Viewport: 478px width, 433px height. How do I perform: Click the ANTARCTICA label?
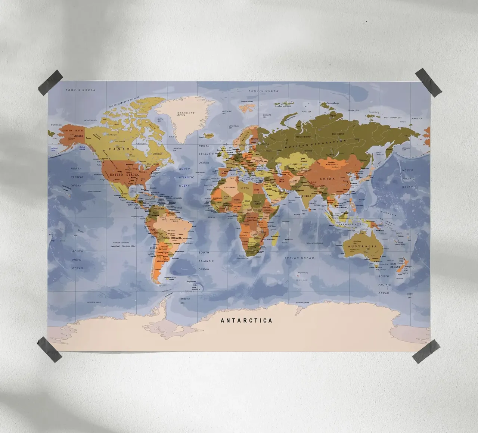tap(246, 320)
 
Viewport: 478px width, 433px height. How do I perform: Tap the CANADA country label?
tap(121, 149)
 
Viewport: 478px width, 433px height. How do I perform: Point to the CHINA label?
tap(328, 178)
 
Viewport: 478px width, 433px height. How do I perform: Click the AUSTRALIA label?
tap(362, 247)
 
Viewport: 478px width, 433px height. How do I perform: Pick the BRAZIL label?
tap(176, 237)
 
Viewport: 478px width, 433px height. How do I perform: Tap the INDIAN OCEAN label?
tap(299, 258)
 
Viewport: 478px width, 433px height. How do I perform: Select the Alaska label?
tap(79, 136)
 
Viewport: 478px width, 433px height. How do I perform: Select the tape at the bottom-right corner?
tap(426, 351)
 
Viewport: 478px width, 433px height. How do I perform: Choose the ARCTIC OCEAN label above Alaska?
tap(81, 90)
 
